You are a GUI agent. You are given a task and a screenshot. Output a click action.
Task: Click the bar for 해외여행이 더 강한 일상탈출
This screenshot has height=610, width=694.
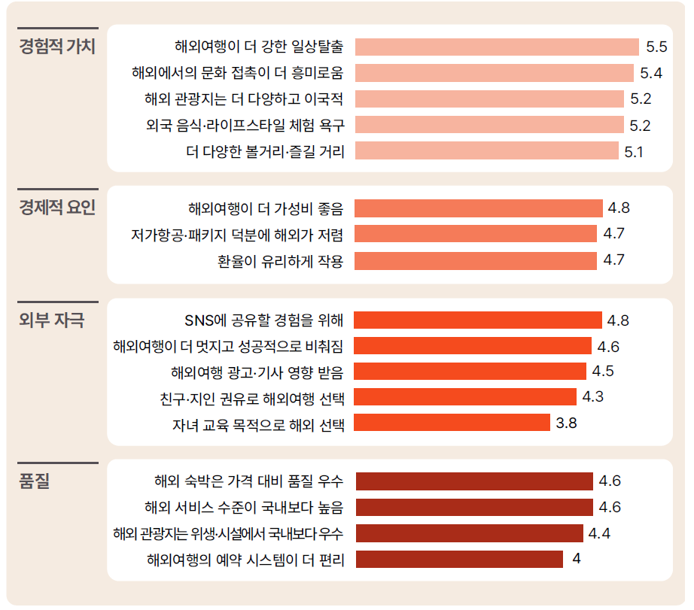pyautogui.click(x=497, y=47)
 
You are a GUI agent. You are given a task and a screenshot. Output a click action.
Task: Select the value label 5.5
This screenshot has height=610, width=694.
pyautogui.click(x=656, y=47)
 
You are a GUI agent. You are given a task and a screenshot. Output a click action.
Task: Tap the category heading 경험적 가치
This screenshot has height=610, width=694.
pyautogui.click(x=57, y=47)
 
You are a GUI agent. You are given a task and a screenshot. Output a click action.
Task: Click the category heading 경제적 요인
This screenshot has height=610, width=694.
pyautogui.click(x=57, y=208)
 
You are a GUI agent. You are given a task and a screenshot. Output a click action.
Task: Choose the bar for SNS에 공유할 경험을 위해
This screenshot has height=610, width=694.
pyautogui.click(x=478, y=320)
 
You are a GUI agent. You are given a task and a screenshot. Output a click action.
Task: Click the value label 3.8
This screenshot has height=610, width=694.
pyautogui.click(x=566, y=423)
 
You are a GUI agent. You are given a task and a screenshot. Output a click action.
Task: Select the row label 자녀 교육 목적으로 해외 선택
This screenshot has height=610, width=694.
pyautogui.click(x=258, y=423)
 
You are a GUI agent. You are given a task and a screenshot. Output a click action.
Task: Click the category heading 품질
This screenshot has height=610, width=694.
pyautogui.click(x=34, y=481)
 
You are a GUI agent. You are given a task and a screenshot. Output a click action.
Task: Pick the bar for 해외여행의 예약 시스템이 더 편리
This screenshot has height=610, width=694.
pyautogui.click(x=459, y=559)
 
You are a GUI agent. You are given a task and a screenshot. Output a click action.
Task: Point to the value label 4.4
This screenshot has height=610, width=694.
pyautogui.click(x=599, y=533)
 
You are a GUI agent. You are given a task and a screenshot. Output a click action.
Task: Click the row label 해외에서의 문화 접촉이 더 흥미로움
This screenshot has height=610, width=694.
pyautogui.click(x=237, y=73)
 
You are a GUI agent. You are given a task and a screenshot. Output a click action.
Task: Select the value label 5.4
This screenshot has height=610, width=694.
pyautogui.click(x=651, y=73)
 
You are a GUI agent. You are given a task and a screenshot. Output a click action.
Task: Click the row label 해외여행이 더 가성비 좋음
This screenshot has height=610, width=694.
pyautogui.click(x=266, y=208)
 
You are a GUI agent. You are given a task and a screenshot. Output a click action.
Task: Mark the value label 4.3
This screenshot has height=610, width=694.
pyautogui.click(x=593, y=397)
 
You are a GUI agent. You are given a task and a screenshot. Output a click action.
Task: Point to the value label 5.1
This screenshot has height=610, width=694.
pyautogui.click(x=634, y=151)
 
